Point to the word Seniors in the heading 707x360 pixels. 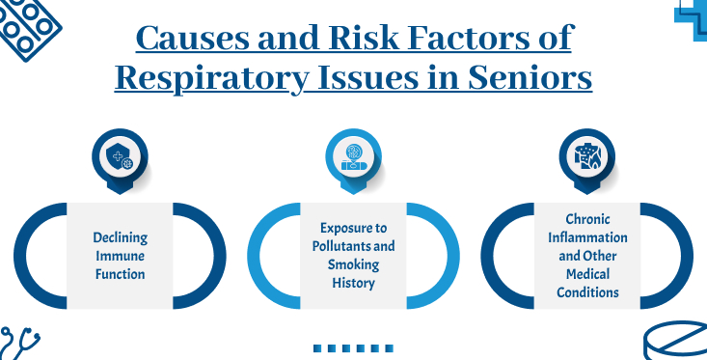pos(532,76)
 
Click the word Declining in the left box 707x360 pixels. pos(120,236)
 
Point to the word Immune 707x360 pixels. pos(120,255)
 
